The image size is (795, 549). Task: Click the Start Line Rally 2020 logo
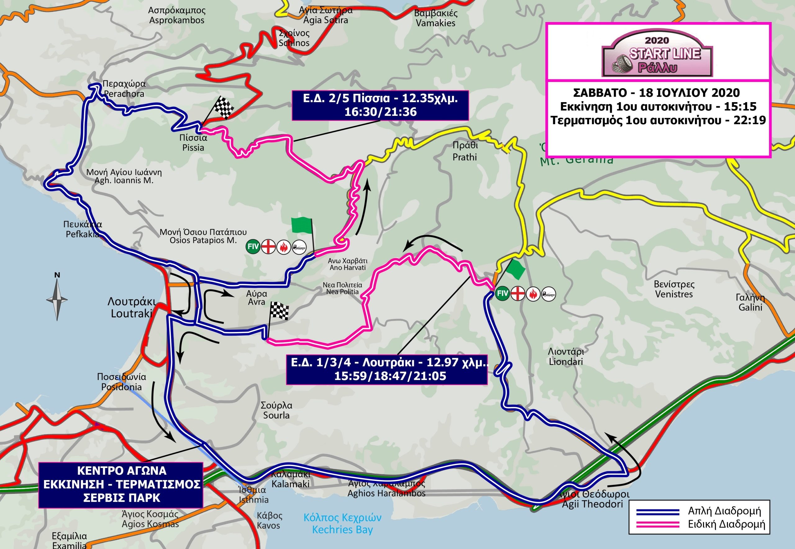(x=657, y=57)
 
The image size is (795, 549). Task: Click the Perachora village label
(x=124, y=89)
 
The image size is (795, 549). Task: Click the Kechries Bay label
(x=342, y=523)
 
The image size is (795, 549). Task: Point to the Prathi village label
(x=465, y=151)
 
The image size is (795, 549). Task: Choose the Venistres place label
(x=674, y=289)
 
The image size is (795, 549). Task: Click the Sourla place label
(x=276, y=410)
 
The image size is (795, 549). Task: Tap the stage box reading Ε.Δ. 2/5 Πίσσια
(x=380, y=105)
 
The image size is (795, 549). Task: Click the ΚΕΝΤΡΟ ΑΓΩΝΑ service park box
(x=120, y=484)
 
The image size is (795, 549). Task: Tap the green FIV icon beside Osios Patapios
(x=253, y=247)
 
